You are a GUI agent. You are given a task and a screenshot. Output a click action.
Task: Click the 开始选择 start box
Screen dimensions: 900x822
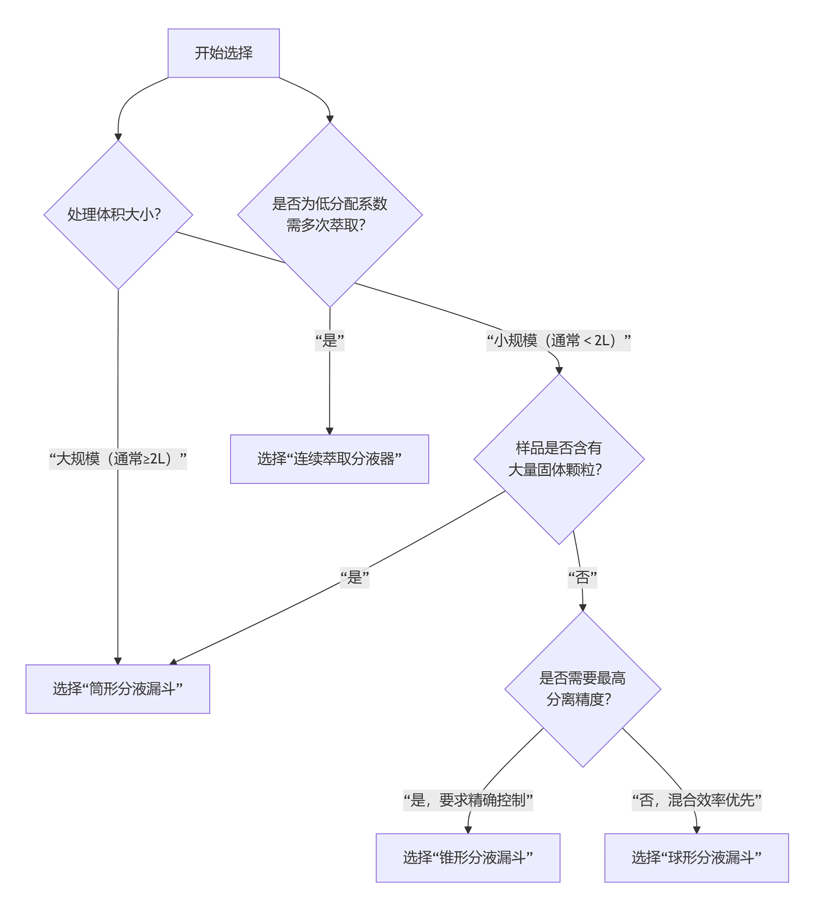(223, 53)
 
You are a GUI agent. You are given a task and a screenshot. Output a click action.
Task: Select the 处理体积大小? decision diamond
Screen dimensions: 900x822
(118, 215)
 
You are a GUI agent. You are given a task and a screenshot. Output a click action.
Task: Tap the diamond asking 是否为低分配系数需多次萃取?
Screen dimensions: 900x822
(330, 215)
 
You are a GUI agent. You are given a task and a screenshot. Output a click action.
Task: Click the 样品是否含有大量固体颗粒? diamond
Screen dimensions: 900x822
(559, 459)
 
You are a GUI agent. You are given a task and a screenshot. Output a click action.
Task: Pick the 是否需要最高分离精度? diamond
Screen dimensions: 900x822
(583, 689)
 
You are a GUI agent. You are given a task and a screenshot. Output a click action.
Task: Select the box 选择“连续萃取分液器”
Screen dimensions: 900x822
(329, 459)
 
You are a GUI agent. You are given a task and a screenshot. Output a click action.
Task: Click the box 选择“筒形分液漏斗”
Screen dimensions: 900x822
(118, 689)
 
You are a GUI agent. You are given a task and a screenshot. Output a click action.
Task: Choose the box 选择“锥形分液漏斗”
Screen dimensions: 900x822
(468, 858)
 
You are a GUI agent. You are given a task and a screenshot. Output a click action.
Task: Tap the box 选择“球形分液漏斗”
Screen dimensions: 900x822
(696, 858)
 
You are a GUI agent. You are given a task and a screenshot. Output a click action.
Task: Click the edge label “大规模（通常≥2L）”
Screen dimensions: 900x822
(118, 459)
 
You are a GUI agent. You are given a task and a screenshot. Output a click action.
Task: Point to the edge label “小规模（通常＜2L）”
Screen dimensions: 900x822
(558, 341)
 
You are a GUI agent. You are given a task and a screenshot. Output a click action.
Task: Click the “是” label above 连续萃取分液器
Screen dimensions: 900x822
(330, 341)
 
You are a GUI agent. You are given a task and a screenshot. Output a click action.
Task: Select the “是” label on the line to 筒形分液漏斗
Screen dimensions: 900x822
(354, 578)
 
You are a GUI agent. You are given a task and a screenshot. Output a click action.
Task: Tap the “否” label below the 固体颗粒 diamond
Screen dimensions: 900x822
(582, 578)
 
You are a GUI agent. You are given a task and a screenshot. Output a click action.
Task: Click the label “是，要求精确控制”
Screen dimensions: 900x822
(468, 800)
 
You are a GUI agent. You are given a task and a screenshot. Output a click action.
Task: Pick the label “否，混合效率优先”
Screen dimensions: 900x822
(696, 800)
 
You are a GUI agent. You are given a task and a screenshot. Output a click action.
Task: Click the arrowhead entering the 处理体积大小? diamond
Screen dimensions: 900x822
(118, 137)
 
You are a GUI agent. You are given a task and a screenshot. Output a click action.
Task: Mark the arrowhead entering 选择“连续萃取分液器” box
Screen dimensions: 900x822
(330, 431)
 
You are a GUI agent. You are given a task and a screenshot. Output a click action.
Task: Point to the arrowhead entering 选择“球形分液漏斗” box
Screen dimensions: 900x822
(697, 830)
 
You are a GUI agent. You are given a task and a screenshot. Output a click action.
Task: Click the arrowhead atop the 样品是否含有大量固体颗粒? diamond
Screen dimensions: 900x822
(559, 370)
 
